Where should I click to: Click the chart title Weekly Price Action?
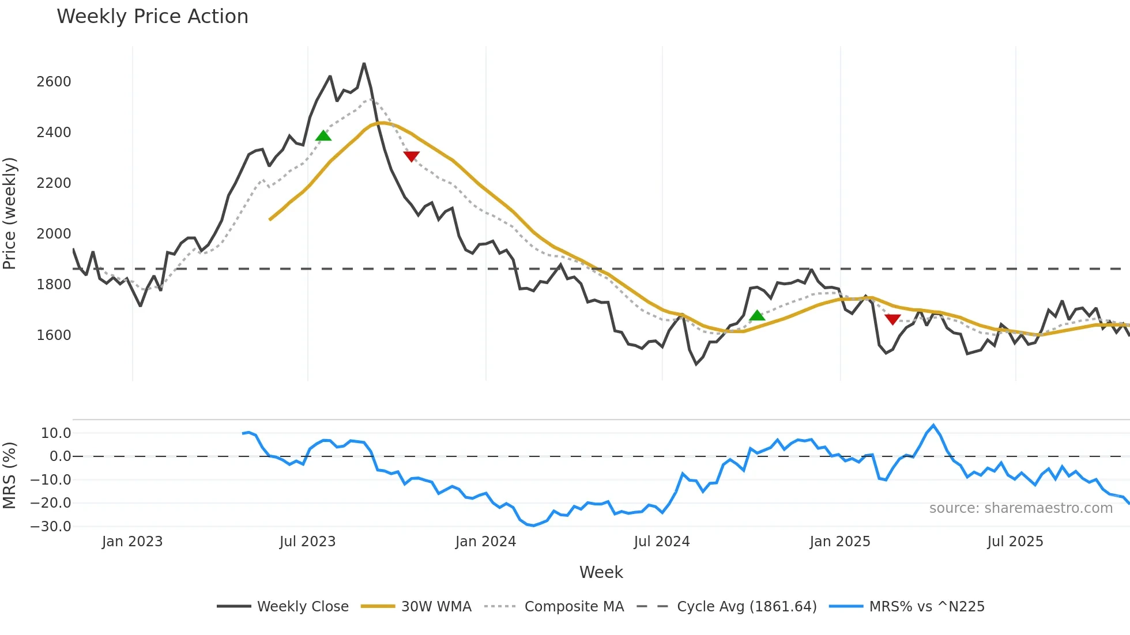click(152, 17)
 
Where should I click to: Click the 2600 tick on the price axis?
click(54, 82)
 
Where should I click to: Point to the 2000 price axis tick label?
click(54, 234)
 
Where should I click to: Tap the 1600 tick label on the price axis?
click(54, 335)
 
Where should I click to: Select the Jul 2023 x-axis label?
click(307, 542)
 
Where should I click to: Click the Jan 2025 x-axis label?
click(839, 542)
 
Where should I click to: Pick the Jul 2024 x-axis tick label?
click(661, 542)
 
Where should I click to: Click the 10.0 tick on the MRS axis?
click(56, 433)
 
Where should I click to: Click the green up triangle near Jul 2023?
click(323, 136)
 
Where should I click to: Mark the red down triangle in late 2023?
click(412, 156)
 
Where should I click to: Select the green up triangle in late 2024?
click(757, 316)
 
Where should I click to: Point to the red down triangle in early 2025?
click(892, 319)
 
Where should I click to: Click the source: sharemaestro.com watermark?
click(1020, 508)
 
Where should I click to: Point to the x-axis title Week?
click(601, 572)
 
